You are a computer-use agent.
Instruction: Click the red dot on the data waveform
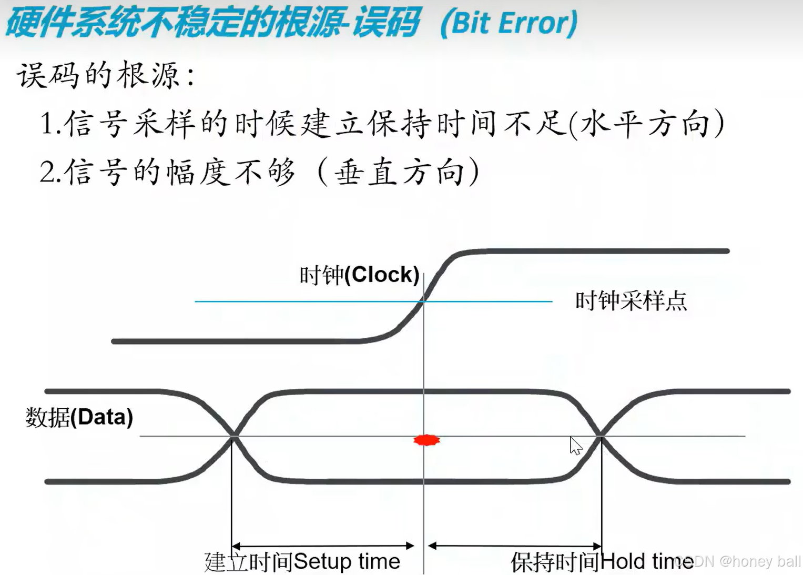(x=426, y=440)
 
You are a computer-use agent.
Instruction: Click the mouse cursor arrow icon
(x=576, y=446)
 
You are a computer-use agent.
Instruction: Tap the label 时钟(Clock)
(x=359, y=275)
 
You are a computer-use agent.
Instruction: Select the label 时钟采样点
(x=631, y=301)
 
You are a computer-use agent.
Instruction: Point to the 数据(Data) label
(x=79, y=417)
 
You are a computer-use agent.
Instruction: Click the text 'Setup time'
(x=347, y=561)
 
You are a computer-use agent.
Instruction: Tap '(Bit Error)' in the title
(x=509, y=24)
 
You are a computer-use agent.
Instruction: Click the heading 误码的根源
(x=105, y=75)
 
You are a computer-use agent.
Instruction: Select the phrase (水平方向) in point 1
(x=647, y=124)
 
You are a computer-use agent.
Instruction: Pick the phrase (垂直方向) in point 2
(x=400, y=172)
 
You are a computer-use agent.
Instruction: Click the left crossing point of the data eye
(x=233, y=436)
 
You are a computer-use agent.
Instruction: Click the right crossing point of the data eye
(x=601, y=436)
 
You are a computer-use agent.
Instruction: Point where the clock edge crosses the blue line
(x=424, y=301)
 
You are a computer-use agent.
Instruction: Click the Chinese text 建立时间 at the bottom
(x=248, y=561)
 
